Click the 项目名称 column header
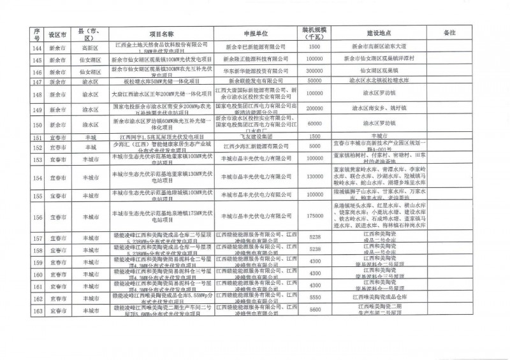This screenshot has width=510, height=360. (x=161, y=32)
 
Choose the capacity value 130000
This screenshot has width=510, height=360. (x=314, y=176)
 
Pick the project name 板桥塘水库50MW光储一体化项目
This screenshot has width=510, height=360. (x=161, y=82)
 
